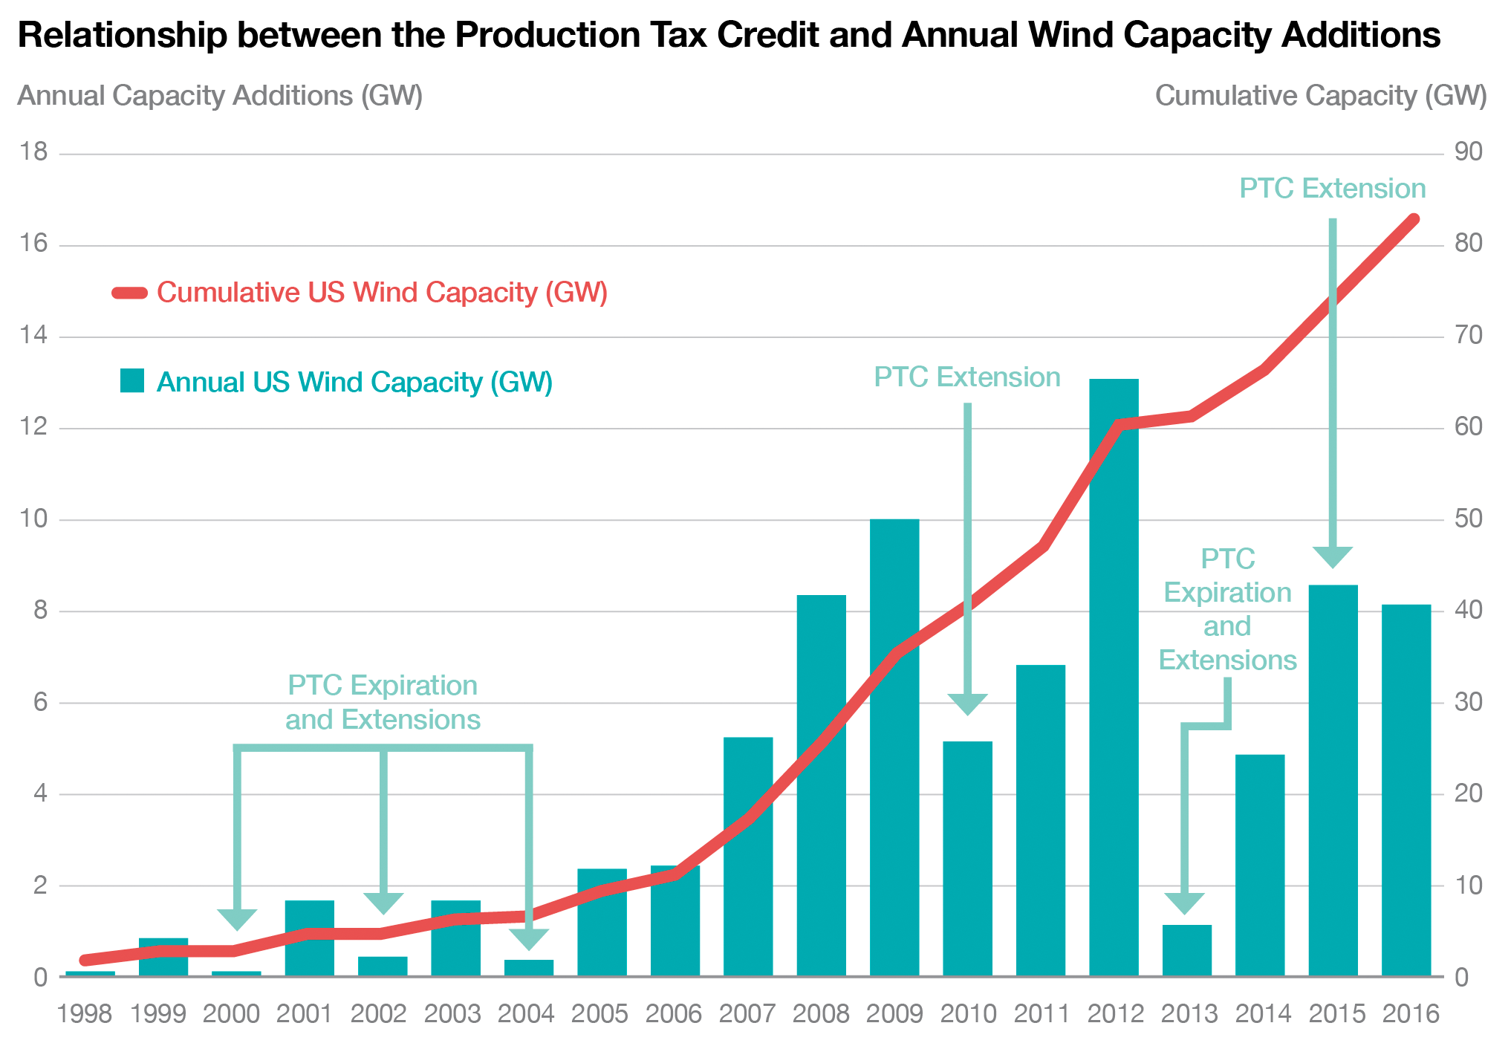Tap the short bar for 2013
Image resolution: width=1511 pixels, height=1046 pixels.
(x=1186, y=950)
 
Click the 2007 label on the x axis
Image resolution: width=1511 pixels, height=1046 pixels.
(x=747, y=1014)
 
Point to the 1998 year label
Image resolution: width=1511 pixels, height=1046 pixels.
(x=85, y=1014)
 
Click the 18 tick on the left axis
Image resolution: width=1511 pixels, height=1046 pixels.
(x=33, y=152)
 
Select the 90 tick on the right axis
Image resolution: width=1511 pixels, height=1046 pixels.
(x=1468, y=152)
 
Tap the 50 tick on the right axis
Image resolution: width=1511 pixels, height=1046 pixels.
(x=1468, y=519)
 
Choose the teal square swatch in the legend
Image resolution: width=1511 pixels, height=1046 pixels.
(x=132, y=381)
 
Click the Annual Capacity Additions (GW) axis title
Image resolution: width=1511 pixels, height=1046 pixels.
(x=220, y=96)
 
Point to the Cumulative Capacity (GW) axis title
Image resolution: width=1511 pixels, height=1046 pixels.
(x=1320, y=96)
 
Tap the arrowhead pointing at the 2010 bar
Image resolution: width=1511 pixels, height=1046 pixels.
(x=967, y=704)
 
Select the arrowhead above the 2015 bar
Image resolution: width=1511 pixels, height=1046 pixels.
(x=1333, y=556)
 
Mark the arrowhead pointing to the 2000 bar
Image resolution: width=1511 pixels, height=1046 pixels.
(x=237, y=919)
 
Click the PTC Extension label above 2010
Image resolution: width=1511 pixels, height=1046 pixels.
(x=966, y=377)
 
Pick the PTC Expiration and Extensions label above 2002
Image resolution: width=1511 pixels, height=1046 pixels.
(x=383, y=702)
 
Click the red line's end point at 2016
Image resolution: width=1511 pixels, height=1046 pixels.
(x=1414, y=219)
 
